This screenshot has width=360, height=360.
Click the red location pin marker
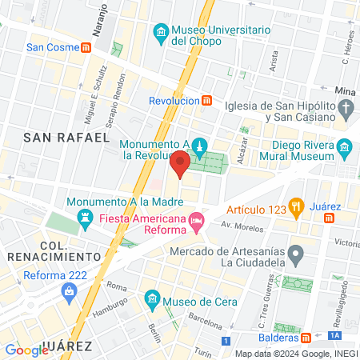[x=180, y=165]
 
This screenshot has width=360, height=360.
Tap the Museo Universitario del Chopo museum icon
[x=162, y=33]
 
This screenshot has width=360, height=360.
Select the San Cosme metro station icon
[x=86, y=47]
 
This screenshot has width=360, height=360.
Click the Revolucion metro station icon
[x=207, y=100]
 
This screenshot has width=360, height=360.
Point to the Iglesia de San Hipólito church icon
[x=346, y=108]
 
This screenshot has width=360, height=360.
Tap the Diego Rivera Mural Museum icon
[x=345, y=147]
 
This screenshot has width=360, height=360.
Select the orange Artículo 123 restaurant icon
[x=295, y=210]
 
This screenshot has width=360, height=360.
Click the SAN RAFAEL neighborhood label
[x=66, y=138]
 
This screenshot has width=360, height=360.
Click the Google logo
[x=26, y=350]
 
